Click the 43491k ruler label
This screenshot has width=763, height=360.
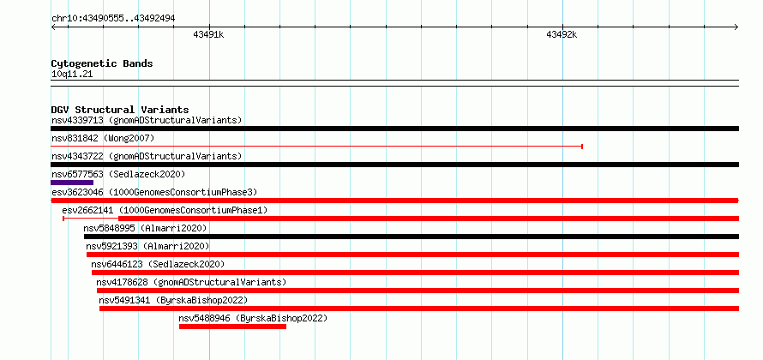click(x=208, y=34)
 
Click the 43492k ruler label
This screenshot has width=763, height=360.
click(x=562, y=34)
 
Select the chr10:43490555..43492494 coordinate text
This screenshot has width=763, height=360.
click(x=113, y=19)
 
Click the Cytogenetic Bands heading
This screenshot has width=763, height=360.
click(x=102, y=63)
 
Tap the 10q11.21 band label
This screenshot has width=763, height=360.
click(x=71, y=75)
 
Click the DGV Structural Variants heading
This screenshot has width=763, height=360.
click(x=120, y=110)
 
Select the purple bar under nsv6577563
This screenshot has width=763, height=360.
click(x=72, y=183)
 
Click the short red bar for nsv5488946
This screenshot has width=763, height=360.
click(x=232, y=327)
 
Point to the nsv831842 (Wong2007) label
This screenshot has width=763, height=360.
click(x=103, y=139)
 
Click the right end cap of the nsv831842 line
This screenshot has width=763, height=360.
click(x=582, y=147)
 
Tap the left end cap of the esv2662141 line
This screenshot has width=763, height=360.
click(x=63, y=219)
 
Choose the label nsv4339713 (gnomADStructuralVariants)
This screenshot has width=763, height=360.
click(x=147, y=120)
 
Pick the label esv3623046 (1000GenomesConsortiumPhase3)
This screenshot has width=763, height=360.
click(x=154, y=193)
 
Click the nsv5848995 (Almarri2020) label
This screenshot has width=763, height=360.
click(x=145, y=228)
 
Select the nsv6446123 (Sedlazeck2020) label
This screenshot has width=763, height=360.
click(x=158, y=264)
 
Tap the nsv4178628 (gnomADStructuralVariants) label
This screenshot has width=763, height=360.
click(x=191, y=282)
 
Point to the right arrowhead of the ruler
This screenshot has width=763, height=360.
click(x=736, y=27)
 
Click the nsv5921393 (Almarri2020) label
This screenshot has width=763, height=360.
click(x=147, y=246)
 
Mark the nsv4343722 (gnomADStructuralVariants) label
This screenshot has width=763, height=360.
click(x=147, y=156)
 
